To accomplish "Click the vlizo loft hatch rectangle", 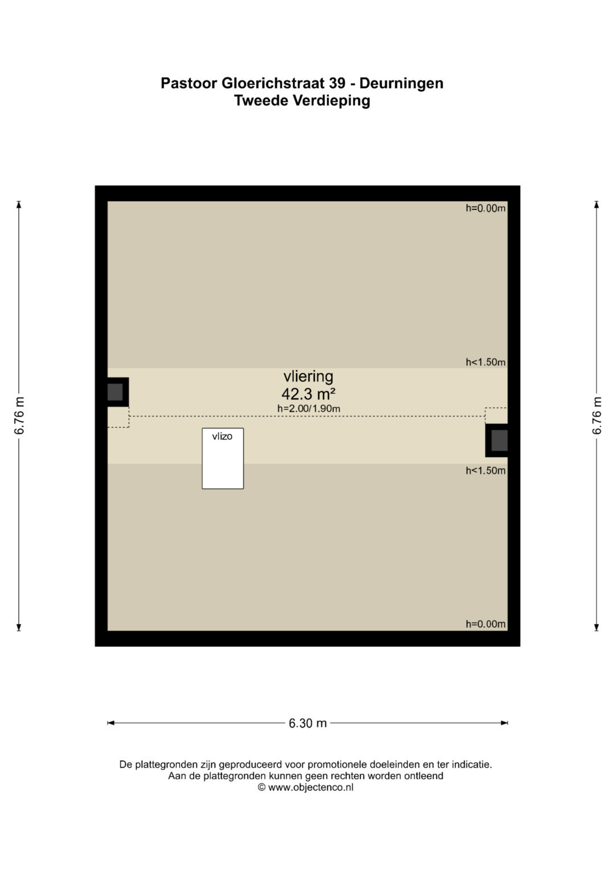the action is point(223,458).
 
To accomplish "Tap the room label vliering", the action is point(308,377).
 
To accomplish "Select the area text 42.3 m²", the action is point(308,394).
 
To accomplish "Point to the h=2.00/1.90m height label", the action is point(309,408).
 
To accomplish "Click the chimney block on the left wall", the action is point(118,392).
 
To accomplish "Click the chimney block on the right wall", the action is point(497,440).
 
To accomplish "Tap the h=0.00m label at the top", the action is point(486,208).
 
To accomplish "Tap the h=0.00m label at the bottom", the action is point(486,624).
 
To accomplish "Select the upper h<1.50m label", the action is point(486,362).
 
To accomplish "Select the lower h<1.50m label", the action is point(486,471).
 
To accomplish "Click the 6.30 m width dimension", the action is point(307,723).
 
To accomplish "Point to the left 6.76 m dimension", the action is point(19,415).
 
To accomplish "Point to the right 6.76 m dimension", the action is point(596,415).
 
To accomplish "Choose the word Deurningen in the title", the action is point(401,84).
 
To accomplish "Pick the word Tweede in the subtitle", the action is point(261,101).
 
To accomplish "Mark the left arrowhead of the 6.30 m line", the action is point(110,723).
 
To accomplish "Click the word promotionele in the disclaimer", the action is point(337,765).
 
